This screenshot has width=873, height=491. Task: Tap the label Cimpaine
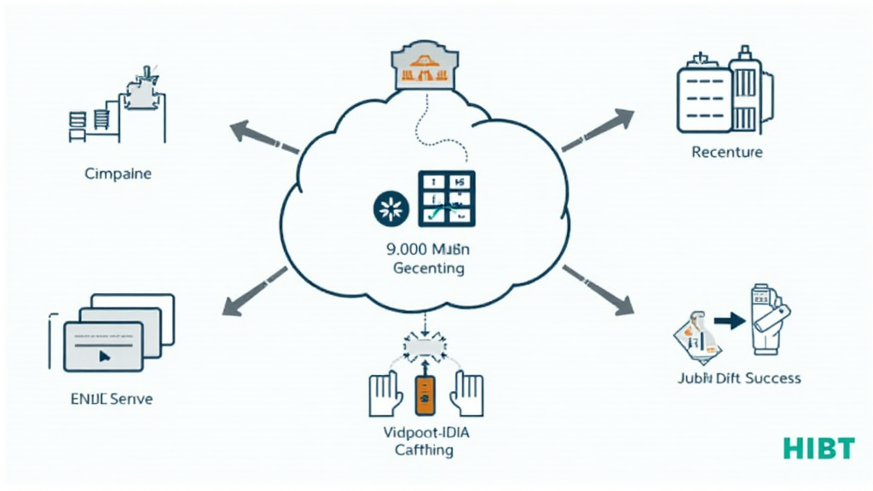119,174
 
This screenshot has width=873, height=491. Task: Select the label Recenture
726,153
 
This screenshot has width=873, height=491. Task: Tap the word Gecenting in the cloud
429,269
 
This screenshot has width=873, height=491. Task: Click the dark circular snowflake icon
392,208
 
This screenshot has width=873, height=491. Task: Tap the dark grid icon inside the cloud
448,199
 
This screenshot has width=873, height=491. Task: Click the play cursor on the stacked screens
104,356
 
